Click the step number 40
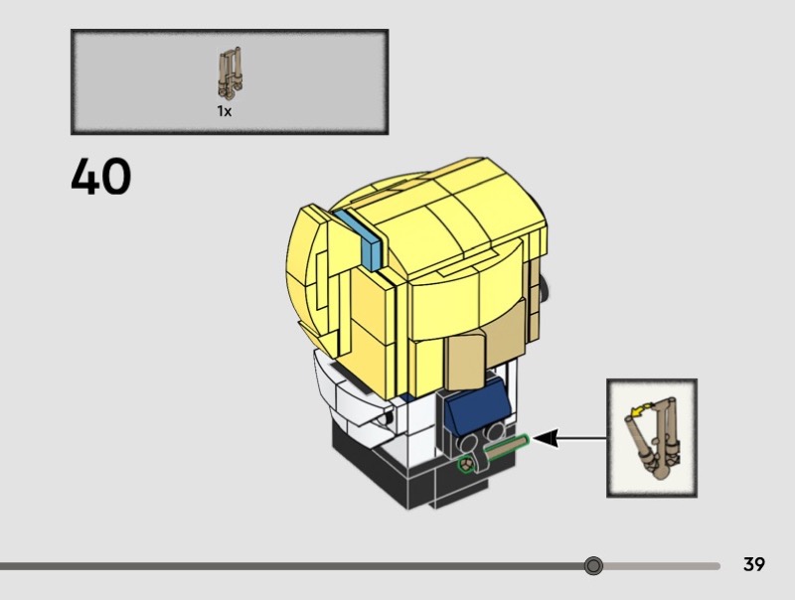pos(101,177)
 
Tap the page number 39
pos(754,565)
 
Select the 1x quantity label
pos(225,112)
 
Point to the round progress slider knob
pos(593,566)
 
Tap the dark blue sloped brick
pos(474,407)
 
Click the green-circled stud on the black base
pos(465,464)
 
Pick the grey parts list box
pos(229,81)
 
